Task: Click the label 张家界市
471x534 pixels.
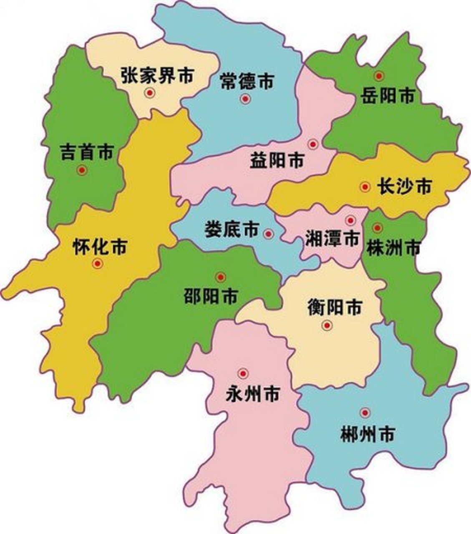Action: tap(157, 76)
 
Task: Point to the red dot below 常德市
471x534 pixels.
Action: tap(245, 99)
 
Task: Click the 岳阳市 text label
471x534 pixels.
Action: tap(388, 96)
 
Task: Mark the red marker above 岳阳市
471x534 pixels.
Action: tap(378, 76)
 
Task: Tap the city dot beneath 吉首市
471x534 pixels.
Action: tap(82, 170)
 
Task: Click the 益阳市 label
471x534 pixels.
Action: tap(277, 160)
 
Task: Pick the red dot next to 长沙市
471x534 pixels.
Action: tap(365, 187)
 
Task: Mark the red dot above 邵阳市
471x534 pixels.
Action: tap(220, 277)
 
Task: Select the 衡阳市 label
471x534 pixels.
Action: tap(335, 308)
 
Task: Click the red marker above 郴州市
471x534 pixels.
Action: tap(365, 413)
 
